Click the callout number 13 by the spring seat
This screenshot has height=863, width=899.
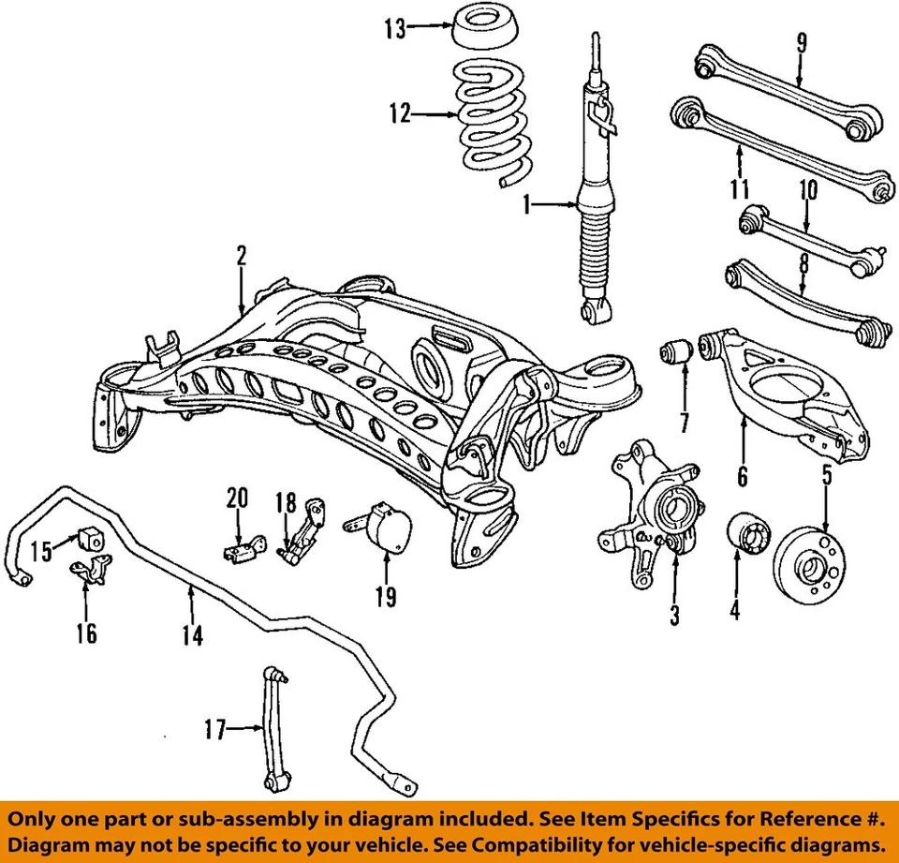(x=394, y=28)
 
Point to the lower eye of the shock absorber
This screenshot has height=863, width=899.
(x=593, y=309)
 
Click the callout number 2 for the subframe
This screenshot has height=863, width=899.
(x=241, y=254)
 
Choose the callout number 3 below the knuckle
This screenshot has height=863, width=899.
(x=674, y=615)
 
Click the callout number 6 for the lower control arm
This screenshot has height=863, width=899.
(x=742, y=477)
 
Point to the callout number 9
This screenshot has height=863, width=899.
(x=801, y=43)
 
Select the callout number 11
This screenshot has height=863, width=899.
(x=740, y=188)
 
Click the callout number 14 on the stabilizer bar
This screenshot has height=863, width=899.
(x=192, y=634)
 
